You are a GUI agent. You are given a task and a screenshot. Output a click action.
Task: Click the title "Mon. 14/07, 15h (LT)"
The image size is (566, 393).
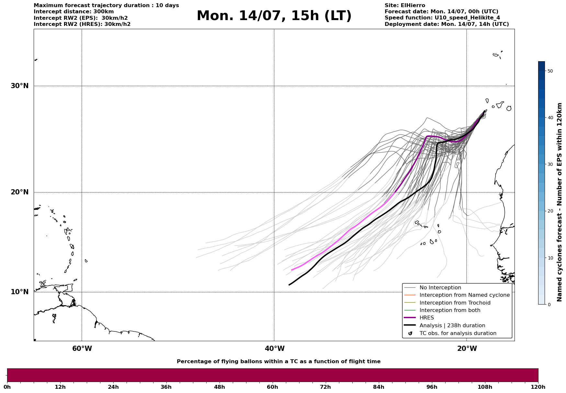point(274,16)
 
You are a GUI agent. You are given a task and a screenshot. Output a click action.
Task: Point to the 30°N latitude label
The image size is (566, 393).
point(19,86)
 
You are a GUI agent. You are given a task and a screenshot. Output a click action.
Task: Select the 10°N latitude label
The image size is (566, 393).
point(19,292)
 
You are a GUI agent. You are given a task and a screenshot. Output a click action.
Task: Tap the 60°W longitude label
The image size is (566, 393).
point(82,349)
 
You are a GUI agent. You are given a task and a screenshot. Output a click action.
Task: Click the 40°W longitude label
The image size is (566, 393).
point(275,349)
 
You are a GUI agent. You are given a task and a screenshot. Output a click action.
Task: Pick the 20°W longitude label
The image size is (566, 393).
point(467,349)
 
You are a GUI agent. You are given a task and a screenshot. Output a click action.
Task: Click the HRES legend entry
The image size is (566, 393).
point(426,318)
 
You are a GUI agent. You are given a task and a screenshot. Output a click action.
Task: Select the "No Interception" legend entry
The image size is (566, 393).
point(440,288)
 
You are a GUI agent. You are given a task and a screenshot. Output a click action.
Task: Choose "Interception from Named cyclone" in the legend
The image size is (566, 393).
point(464,295)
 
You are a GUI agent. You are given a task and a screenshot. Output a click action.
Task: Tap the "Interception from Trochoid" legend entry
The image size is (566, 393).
point(455,303)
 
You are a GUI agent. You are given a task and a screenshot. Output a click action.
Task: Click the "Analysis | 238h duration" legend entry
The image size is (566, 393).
point(452,326)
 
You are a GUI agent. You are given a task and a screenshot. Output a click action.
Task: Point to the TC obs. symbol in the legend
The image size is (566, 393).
point(410,333)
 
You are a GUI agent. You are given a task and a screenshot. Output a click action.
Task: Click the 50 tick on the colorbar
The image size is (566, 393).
point(550,71)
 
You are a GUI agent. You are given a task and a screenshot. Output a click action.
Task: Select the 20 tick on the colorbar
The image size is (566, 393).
point(550,211)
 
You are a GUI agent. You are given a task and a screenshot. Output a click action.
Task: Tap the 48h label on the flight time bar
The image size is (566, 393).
point(219,387)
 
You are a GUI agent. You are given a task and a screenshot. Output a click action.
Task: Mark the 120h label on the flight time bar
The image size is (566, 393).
point(538,387)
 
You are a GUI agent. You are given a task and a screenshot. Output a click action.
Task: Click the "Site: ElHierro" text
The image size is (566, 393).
point(405,6)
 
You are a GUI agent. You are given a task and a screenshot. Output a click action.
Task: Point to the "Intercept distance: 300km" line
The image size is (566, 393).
point(74,12)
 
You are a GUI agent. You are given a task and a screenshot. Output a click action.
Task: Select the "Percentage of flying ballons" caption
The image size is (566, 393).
point(278,362)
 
